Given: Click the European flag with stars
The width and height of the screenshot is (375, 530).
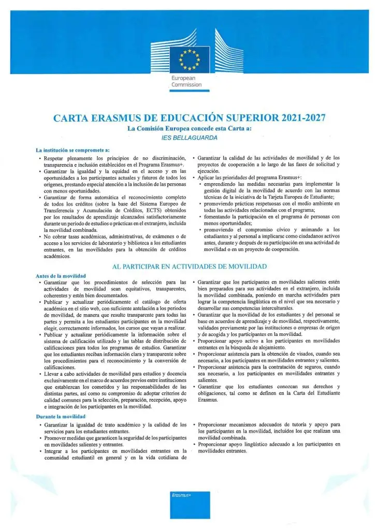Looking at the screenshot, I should [187, 59].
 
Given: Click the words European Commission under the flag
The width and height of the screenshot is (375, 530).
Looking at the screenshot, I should [187, 81].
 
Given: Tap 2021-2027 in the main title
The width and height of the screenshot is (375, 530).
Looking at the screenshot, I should [295, 117].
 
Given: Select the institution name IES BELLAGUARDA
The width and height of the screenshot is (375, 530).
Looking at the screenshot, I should [187, 138].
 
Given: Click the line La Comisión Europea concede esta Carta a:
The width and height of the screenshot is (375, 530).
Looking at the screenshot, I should [187, 128].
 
